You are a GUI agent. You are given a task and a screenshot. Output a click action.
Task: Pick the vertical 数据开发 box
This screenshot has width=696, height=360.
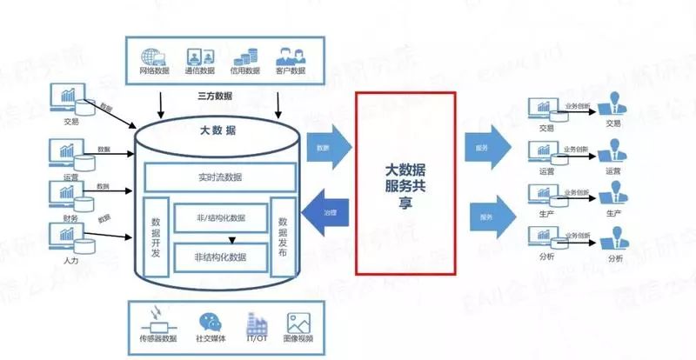[x=156, y=236]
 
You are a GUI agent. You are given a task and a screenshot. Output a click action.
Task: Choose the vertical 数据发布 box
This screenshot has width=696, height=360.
[x=282, y=236]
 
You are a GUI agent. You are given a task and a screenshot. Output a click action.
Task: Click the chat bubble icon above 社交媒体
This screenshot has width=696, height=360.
[x=211, y=321]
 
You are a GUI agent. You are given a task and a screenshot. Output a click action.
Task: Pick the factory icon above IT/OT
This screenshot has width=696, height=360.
[x=258, y=321]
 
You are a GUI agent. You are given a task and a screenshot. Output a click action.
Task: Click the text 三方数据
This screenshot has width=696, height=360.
[x=215, y=96]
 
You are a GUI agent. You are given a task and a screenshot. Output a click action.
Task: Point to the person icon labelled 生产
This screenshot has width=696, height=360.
[x=614, y=196]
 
